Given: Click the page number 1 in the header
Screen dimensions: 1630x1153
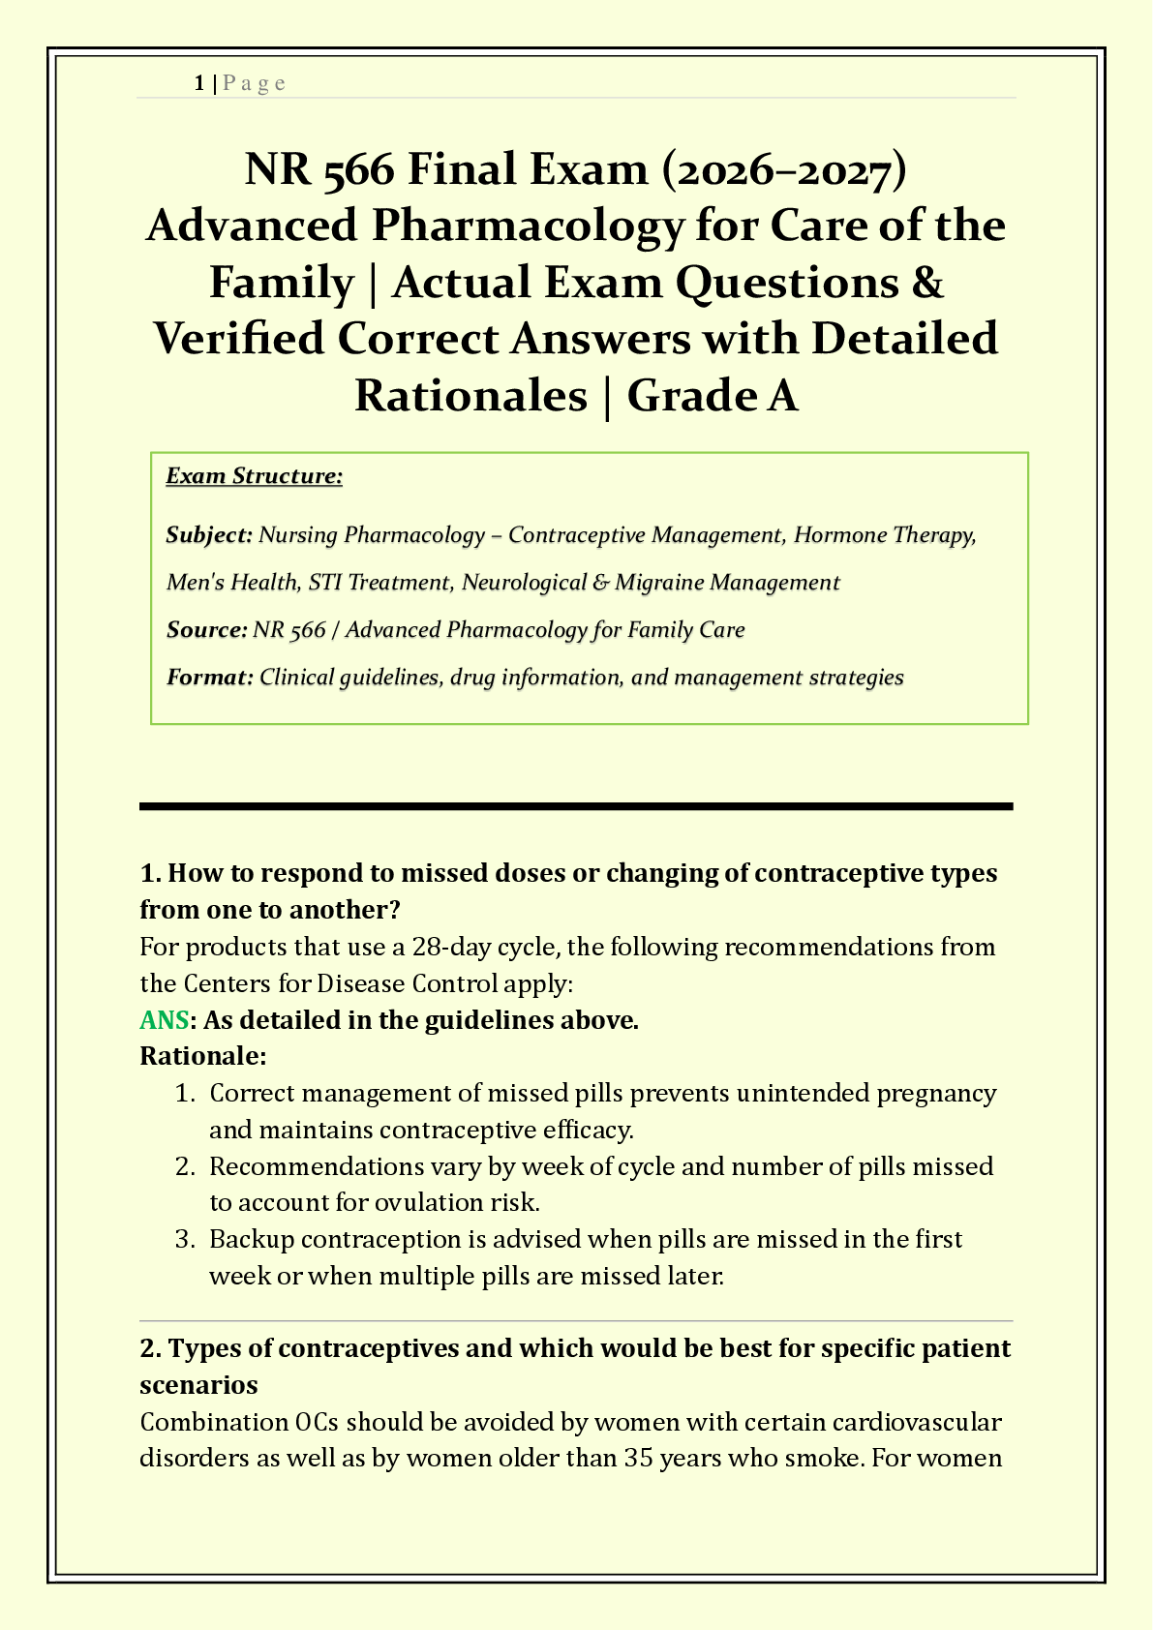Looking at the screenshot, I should point(198,83).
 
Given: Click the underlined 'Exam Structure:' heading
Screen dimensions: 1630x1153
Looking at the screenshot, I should point(254,476).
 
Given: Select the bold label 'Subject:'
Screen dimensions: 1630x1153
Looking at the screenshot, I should point(209,535).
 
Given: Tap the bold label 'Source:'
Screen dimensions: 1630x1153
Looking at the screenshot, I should point(207,630).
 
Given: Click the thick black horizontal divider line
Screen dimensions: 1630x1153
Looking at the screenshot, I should point(576,806).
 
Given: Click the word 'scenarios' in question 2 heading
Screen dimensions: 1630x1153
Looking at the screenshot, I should point(198,1385).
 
